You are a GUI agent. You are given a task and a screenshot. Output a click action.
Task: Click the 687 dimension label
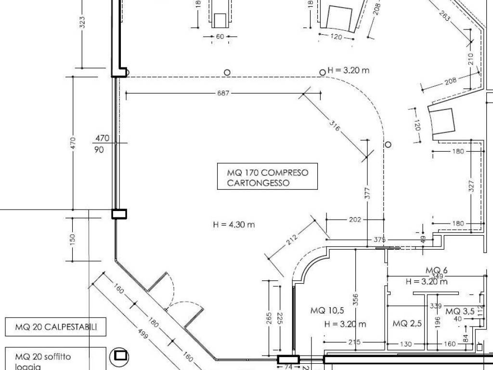(x=223, y=93)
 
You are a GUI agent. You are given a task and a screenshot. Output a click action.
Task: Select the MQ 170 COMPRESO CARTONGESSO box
(x=267, y=177)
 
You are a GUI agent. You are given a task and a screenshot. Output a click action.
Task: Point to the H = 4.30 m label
(x=234, y=224)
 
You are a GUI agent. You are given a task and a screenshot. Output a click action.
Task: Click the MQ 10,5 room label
(x=327, y=310)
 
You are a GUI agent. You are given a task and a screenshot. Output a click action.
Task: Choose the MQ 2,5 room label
(x=407, y=323)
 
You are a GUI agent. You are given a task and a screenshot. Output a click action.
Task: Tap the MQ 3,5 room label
(x=460, y=312)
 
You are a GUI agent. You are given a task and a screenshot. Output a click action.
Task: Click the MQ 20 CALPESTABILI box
(x=55, y=328)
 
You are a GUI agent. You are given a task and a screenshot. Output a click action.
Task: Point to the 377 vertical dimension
(x=367, y=192)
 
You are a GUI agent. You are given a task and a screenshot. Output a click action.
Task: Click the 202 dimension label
(x=355, y=220)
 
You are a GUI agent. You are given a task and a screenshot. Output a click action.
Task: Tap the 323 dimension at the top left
(x=82, y=23)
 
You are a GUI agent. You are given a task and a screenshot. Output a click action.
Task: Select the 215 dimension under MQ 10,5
(x=354, y=344)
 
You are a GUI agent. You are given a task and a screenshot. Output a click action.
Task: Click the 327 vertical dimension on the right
(x=471, y=186)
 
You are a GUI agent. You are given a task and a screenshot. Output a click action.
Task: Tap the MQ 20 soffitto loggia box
(x=55, y=360)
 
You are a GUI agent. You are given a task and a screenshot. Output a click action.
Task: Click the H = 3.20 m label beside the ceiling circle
(x=349, y=70)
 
